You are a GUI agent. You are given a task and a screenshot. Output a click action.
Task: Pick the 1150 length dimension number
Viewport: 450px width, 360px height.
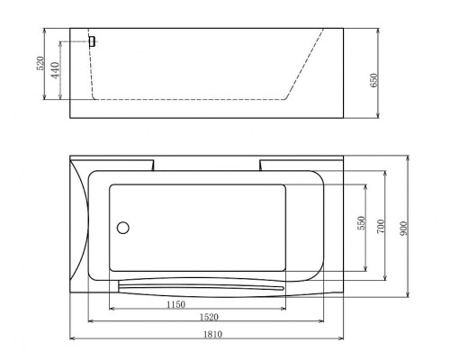click(x=176, y=305)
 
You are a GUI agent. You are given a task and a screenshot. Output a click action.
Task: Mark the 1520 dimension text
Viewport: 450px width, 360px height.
click(x=208, y=318)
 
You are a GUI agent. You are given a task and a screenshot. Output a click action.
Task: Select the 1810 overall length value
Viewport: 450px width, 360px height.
click(x=208, y=334)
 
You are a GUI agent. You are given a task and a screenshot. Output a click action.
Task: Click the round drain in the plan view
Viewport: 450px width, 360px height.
click(x=124, y=229)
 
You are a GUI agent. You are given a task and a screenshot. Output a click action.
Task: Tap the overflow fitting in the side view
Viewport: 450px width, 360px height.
click(x=92, y=42)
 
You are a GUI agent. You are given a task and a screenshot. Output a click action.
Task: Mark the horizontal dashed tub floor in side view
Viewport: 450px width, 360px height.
click(x=189, y=97)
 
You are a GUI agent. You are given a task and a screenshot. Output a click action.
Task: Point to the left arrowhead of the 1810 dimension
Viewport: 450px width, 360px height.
click(x=74, y=338)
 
